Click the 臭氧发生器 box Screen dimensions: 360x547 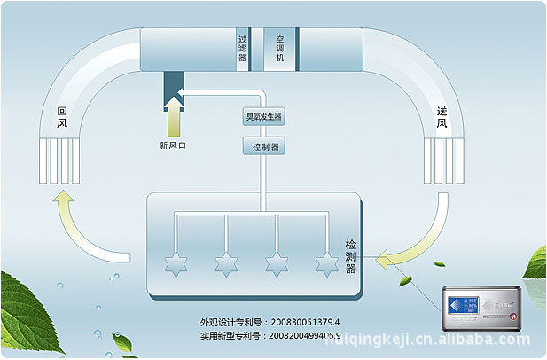[263, 117]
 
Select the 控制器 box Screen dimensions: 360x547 [263, 147]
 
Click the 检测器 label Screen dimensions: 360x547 [350, 255]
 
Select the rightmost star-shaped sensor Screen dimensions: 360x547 [328, 263]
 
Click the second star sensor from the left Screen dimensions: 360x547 [226, 263]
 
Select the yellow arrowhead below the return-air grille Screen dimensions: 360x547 [64, 206]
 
